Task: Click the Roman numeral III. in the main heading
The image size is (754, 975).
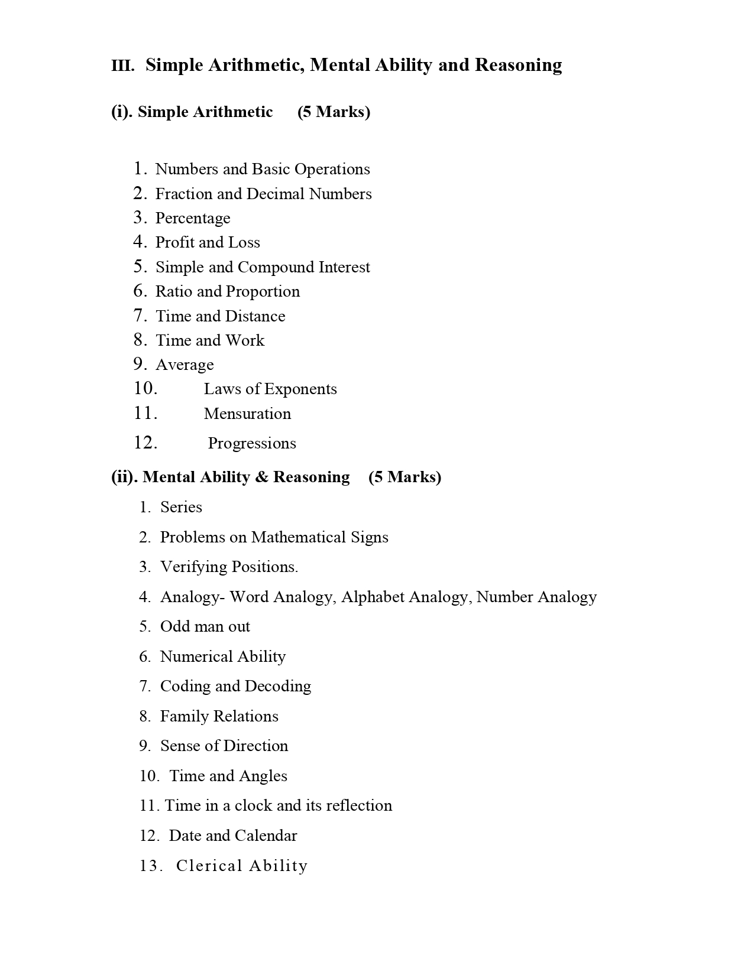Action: pyautogui.click(x=123, y=66)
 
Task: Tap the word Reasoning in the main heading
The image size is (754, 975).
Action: pyautogui.click(x=518, y=65)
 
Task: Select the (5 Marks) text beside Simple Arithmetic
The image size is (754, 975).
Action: pyautogui.click(x=334, y=112)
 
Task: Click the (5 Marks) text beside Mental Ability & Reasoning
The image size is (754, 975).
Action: pyautogui.click(x=404, y=477)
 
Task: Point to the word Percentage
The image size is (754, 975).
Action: pyautogui.click(x=193, y=218)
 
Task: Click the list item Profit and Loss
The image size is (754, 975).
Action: pyautogui.click(x=208, y=242)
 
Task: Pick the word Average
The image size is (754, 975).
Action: pyautogui.click(x=185, y=365)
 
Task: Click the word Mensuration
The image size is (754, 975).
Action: pyautogui.click(x=247, y=414)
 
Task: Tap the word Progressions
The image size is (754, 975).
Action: pyautogui.click(x=252, y=443)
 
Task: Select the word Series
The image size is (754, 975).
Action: pyautogui.click(x=181, y=507)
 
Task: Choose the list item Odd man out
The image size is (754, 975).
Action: pyautogui.click(x=205, y=626)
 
